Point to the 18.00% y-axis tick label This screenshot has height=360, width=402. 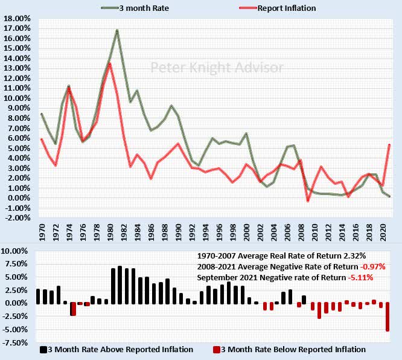point(18,19)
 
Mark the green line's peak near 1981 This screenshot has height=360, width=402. point(116,30)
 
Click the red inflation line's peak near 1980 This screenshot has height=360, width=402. point(109,63)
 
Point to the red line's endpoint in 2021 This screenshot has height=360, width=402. point(389,144)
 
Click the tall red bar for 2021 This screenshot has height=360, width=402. point(388,317)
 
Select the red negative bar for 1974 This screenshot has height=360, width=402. point(72,309)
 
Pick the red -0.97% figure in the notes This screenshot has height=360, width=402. point(372,266)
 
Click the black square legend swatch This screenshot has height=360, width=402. point(43,349)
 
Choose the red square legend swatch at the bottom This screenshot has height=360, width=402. point(217,349)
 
